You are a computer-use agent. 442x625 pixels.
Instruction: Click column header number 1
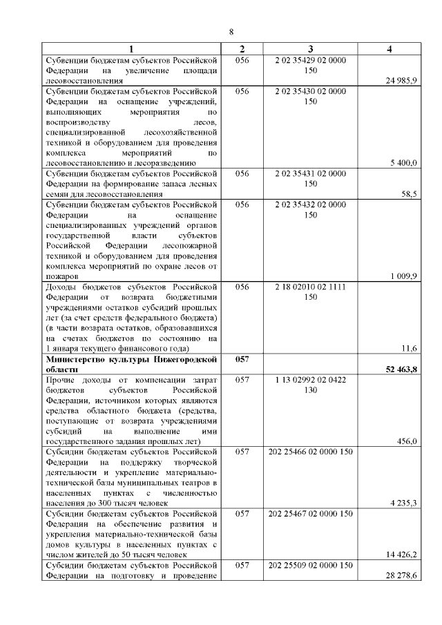[x=131, y=50]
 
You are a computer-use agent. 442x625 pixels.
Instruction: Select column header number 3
[x=310, y=50]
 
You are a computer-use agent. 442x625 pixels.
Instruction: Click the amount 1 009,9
[x=403, y=276]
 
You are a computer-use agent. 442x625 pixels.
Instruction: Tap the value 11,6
[x=410, y=348]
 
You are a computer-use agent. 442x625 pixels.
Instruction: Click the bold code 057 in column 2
[x=241, y=359]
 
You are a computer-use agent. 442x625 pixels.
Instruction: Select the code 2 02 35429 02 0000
[x=310, y=60]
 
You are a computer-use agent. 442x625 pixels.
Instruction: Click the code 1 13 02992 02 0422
[x=310, y=380]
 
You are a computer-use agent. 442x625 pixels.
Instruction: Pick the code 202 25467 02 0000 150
[x=310, y=514]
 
